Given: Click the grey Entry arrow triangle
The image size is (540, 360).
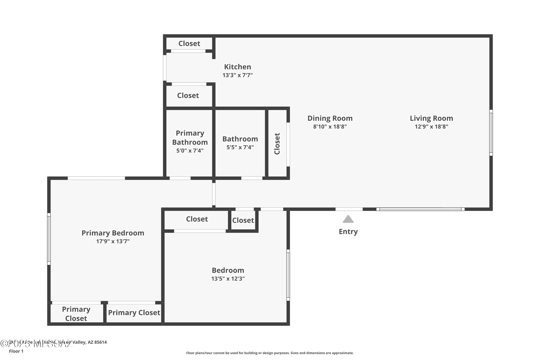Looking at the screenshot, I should pos(348,219).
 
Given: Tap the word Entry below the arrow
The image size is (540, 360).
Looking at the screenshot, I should pos(348,231).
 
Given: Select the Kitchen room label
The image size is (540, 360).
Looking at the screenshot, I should pos(237,67).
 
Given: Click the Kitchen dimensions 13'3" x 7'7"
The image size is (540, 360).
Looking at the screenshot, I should pos(237,75).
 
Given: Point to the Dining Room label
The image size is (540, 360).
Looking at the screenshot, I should pos(330,118).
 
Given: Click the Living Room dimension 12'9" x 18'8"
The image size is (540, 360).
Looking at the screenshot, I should pos(431,126).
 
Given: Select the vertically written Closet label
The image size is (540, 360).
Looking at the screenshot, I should pos(277,143).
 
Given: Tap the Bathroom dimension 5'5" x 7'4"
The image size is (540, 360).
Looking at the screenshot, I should pos(240,147).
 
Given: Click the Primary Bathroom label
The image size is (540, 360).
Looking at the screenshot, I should pos(190,137).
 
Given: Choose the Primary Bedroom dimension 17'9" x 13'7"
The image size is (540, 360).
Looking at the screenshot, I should pos(113,241).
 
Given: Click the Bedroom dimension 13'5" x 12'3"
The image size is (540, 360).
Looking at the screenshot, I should pos(228,278).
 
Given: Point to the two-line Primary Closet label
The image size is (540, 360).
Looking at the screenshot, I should pos(76,314).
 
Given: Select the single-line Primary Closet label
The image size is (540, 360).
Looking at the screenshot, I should pos(134,312).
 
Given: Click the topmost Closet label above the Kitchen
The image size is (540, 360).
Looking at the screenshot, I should pos(189,43).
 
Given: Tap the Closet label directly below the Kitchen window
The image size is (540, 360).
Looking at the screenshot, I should pos(188,95).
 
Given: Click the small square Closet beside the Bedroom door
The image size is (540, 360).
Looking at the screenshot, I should pos(243,220).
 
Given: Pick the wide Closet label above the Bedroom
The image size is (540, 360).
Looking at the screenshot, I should pos(197,219).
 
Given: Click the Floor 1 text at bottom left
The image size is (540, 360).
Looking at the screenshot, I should pos(16,351).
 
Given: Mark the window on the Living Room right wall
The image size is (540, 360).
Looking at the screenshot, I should pos(491,133).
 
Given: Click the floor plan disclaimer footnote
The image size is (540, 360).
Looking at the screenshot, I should pos(270,353).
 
